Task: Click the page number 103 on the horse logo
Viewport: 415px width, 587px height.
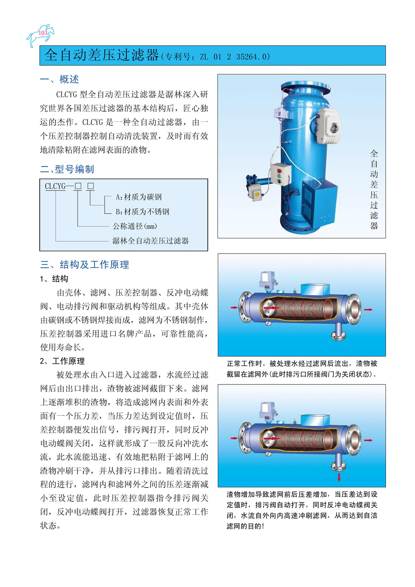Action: [x=43, y=33]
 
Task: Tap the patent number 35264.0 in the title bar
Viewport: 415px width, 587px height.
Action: [x=253, y=57]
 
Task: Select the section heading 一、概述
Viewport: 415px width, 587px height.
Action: [x=60, y=79]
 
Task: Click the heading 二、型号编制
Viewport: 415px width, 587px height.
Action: [x=67, y=169]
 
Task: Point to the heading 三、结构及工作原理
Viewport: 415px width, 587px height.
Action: [x=85, y=264]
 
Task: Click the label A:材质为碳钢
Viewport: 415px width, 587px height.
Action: [x=138, y=197]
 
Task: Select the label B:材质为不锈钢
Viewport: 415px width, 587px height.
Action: [x=142, y=212]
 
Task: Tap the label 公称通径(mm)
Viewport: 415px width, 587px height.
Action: [x=135, y=226]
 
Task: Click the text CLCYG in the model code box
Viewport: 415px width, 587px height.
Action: [x=55, y=186]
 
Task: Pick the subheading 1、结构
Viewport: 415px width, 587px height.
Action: [x=54, y=278]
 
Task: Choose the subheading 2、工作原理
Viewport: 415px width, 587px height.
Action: [x=62, y=361]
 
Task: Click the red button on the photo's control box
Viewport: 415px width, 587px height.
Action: [x=279, y=171]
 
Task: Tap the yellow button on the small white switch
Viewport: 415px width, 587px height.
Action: [x=257, y=194]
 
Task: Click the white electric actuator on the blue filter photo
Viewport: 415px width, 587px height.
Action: [x=329, y=126]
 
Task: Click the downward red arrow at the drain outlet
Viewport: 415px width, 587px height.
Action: [x=339, y=477]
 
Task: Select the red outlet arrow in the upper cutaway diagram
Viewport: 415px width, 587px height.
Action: [x=368, y=309]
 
